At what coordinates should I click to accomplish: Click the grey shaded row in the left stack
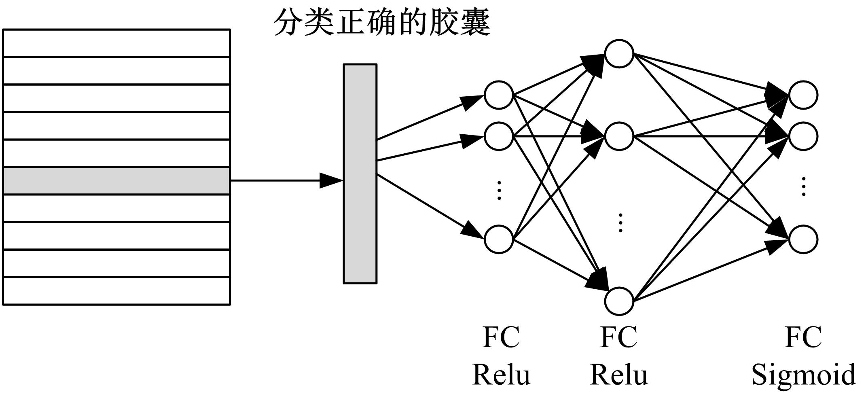[x=116, y=181]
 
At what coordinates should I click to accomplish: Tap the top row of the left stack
[x=116, y=43]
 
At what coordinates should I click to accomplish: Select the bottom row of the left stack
[x=116, y=291]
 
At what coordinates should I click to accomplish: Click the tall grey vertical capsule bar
[x=360, y=174]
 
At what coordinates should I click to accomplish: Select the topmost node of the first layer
[x=499, y=95]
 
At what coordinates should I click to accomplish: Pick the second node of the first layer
[x=499, y=136]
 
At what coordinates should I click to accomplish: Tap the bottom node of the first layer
[x=499, y=239]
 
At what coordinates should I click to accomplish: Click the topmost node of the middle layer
[x=619, y=53]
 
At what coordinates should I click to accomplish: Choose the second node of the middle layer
[x=619, y=136]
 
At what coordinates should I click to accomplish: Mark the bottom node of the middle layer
[x=619, y=301]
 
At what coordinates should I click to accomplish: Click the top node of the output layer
[x=803, y=95]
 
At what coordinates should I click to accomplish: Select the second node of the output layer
[x=803, y=136]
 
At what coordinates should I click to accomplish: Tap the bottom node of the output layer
[x=803, y=239]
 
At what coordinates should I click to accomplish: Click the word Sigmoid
[x=803, y=374]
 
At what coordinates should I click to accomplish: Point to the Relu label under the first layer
[x=501, y=374]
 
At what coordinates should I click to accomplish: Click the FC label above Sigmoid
[x=803, y=337]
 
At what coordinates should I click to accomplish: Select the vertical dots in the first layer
[x=499, y=190]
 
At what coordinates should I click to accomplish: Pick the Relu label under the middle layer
[x=619, y=374]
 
